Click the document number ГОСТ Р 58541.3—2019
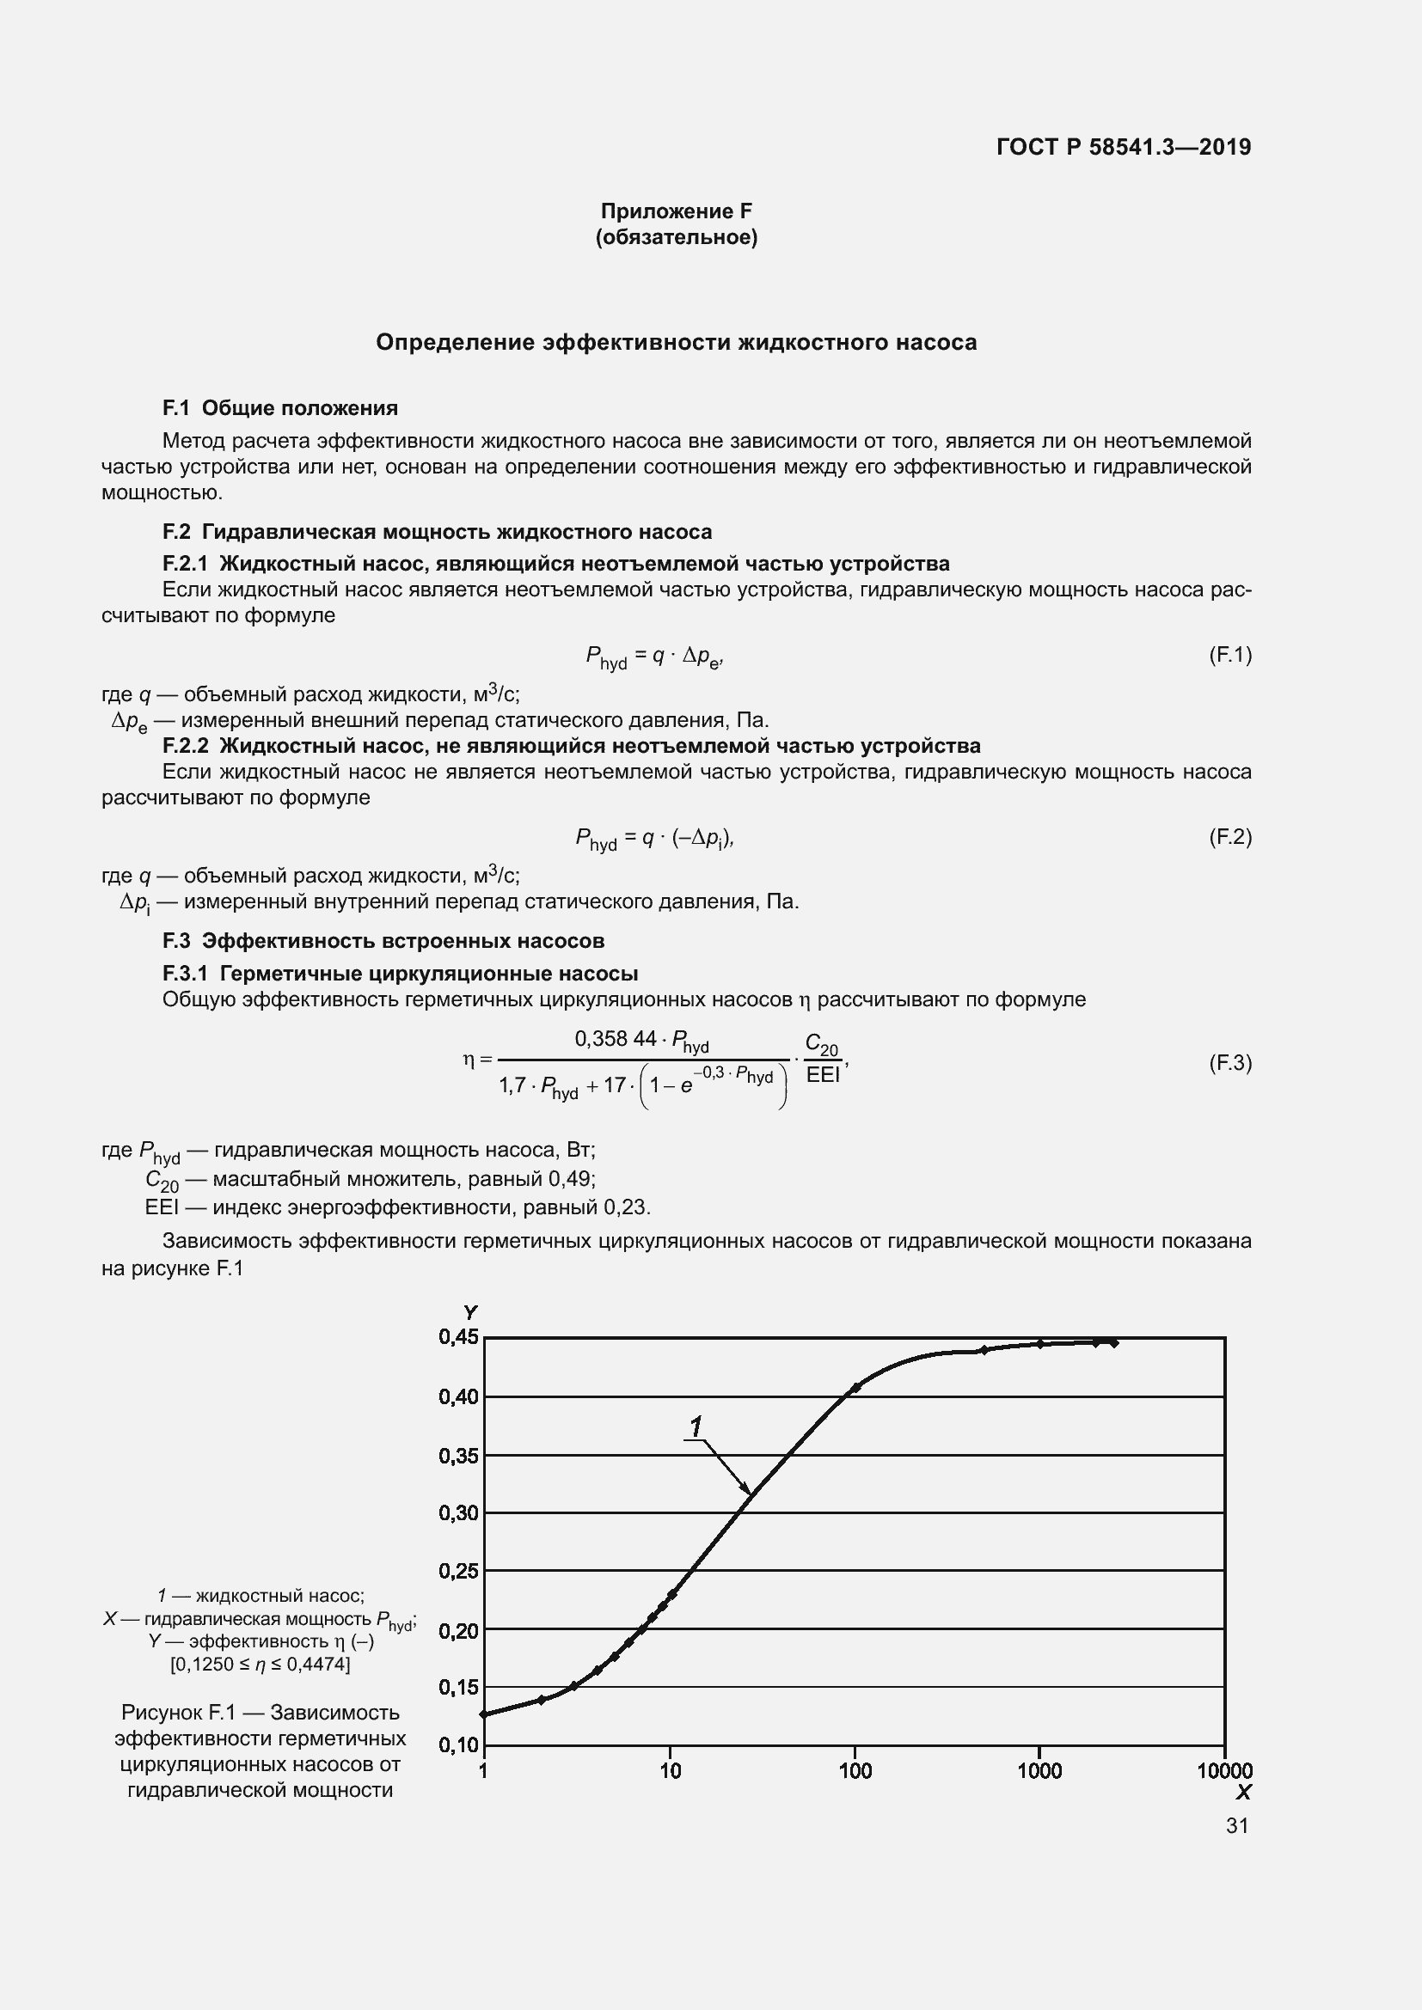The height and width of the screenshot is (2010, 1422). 1124,147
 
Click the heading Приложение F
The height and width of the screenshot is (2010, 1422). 675,211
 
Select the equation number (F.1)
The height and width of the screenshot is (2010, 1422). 1229,655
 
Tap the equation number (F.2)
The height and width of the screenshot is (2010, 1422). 1229,837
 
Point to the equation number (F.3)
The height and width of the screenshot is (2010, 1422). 1229,1063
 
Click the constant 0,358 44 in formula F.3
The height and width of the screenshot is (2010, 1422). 615,1038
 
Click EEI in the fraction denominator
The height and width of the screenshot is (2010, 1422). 822,1075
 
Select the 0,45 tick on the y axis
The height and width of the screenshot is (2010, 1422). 458,1337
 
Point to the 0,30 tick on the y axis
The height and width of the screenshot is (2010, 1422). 458,1512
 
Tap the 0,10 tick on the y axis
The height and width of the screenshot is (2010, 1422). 458,1744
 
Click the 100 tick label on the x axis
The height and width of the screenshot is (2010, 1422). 855,1771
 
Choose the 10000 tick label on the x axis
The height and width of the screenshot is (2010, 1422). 1224,1771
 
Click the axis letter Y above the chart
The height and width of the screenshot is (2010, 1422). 470,1312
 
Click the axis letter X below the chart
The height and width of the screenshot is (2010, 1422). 1242,1792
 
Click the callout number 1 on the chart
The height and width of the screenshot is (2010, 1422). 696,1427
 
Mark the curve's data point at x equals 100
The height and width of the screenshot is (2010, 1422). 855,1388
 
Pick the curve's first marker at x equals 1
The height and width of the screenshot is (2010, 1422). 484,1714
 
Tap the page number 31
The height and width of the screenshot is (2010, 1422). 1236,1825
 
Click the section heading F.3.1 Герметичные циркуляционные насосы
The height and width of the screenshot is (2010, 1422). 400,974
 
